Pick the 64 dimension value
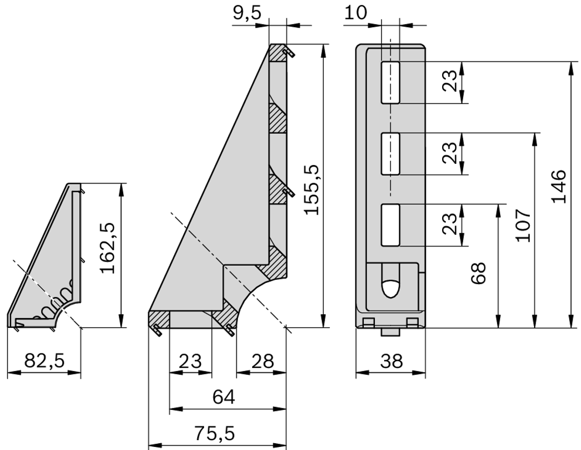[x=223, y=397]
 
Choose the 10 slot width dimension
[x=356, y=14]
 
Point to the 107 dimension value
[x=523, y=226]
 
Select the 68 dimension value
[x=478, y=273]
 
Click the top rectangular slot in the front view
[x=390, y=82]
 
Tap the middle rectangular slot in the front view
[x=390, y=153]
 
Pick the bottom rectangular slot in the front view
[x=390, y=224]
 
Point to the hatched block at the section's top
[x=278, y=53]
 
